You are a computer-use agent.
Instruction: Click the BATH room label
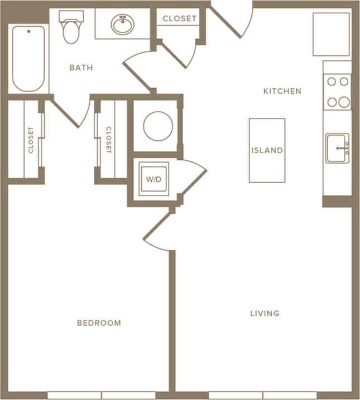click(x=81, y=68)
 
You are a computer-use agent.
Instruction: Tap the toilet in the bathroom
click(x=71, y=27)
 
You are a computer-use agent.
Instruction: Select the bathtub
click(x=28, y=58)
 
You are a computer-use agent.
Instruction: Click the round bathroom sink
click(x=122, y=24)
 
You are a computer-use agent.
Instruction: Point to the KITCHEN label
click(x=282, y=91)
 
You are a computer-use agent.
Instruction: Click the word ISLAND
click(x=267, y=150)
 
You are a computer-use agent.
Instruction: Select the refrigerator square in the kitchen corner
click(x=331, y=34)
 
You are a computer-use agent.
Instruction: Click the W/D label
click(x=153, y=179)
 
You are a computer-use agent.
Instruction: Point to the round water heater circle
click(x=157, y=126)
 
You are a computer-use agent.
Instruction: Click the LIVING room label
click(x=265, y=313)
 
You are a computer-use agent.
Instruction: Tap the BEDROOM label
click(x=99, y=323)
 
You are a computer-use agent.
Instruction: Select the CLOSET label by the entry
click(x=180, y=18)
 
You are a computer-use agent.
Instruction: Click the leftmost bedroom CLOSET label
click(x=31, y=140)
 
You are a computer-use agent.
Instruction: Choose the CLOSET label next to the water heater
click(x=109, y=140)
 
